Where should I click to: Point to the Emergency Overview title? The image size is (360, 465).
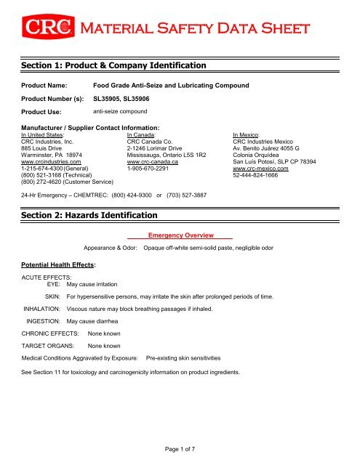coord(179,237)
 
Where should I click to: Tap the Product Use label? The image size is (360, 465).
coord(45,112)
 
